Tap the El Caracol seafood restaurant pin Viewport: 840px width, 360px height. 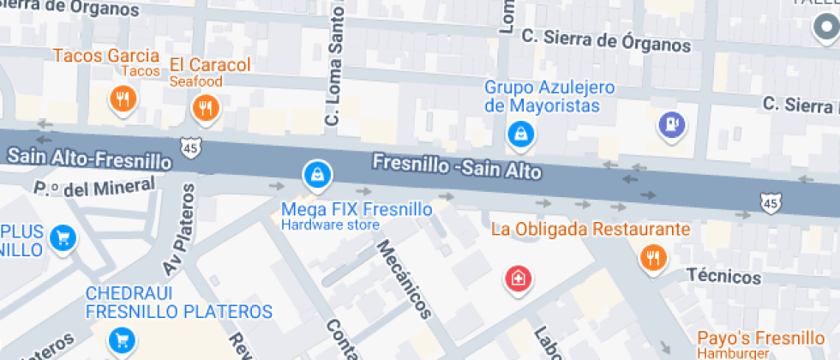coord(206,107)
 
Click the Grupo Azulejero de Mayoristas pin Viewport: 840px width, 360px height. coord(520,133)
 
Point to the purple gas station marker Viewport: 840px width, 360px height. coord(672,124)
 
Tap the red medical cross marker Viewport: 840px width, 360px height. coord(518,278)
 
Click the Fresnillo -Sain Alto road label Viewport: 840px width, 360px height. coord(456,166)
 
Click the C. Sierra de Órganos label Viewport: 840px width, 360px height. coord(606,43)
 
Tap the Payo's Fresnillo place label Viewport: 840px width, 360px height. coord(748,338)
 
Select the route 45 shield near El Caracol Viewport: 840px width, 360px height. coord(190,147)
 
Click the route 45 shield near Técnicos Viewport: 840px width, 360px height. coord(770,202)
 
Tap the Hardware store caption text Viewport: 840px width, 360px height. coord(330,225)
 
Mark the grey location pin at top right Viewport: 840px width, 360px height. coord(825,28)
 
